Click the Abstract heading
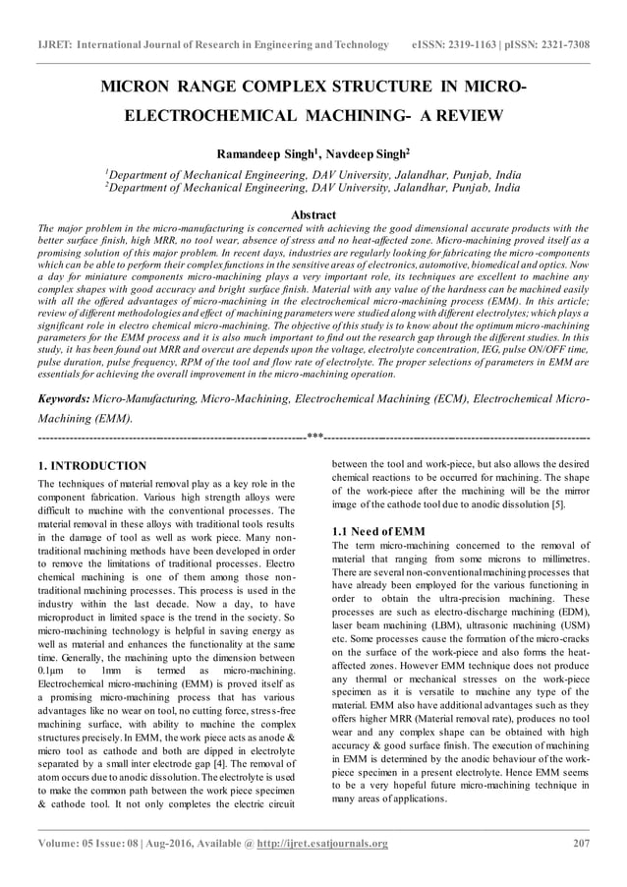313,214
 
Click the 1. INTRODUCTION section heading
91,465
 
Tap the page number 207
580,843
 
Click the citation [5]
557,503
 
